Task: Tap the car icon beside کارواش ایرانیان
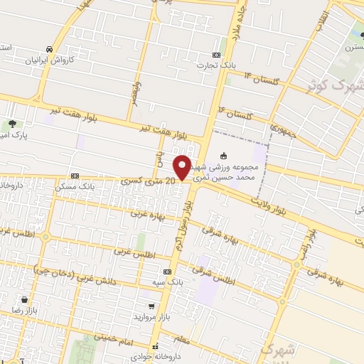(x=48, y=49)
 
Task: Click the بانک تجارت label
(x=218, y=65)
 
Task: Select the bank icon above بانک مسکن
(x=75, y=176)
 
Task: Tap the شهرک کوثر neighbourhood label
(x=332, y=85)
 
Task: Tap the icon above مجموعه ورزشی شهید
(x=224, y=156)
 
